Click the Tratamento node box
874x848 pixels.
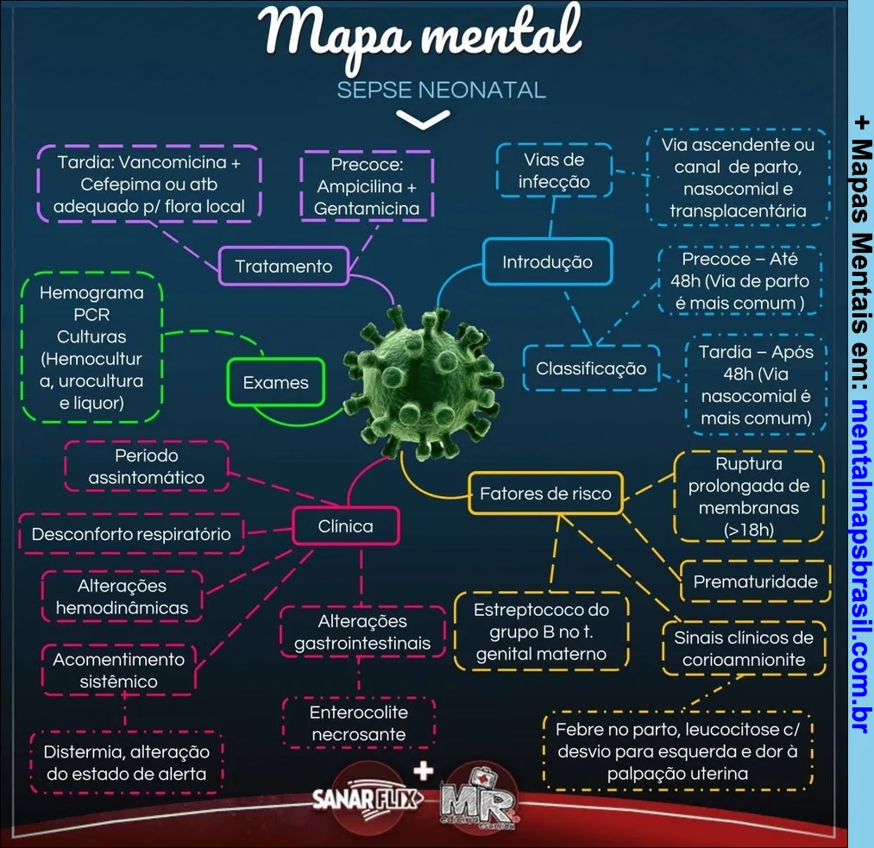point(283,266)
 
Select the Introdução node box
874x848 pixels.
point(547,262)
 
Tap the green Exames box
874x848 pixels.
point(275,383)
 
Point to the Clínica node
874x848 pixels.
point(345,526)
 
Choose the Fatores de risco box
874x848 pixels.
point(545,494)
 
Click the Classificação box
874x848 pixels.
point(591,368)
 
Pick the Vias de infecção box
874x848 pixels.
point(554,170)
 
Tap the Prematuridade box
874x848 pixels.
point(755,581)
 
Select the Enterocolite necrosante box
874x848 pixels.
point(359,723)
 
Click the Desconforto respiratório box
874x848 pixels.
point(131,534)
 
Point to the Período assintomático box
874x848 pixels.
point(147,466)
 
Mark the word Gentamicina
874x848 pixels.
point(367,208)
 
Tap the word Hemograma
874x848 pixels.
point(91,292)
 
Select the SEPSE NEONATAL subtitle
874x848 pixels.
point(441,91)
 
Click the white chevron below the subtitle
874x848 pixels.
point(422,121)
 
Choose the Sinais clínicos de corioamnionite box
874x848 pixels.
point(744,649)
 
